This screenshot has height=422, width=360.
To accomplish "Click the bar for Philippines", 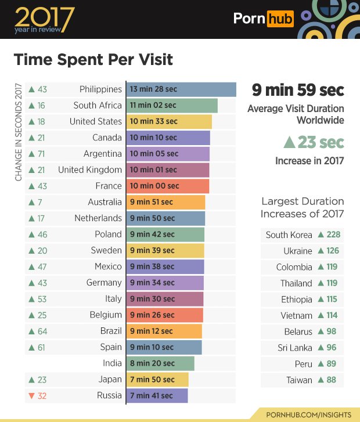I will coord(181,89).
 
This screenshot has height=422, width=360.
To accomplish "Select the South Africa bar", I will coord(171,106).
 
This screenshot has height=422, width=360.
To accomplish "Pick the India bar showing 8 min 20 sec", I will coord(160,363).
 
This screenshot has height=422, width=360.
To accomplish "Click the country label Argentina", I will coord(102,154).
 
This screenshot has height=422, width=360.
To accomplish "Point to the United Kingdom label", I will coord(90,170).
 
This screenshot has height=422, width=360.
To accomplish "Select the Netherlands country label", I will coord(98,218).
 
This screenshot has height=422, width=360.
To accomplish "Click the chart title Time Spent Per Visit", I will coord(93,60).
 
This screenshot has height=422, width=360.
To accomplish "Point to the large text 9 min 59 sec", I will coord(297,91).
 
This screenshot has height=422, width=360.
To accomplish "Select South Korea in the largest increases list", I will coord(289,235).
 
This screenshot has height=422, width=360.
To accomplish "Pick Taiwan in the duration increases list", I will coord(299,380).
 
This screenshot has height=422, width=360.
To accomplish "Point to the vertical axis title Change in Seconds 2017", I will coord(19,134).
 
